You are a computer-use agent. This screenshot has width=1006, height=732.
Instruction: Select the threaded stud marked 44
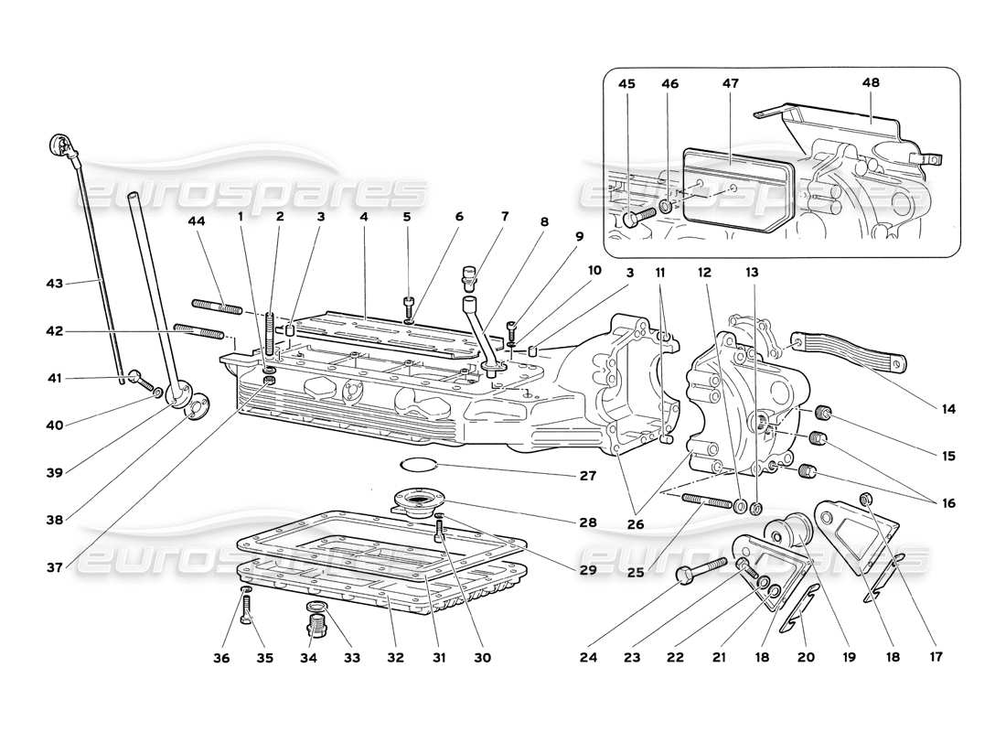(217, 304)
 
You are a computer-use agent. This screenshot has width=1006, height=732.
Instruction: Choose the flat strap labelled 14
(851, 353)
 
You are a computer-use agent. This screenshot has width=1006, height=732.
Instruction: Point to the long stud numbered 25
(706, 502)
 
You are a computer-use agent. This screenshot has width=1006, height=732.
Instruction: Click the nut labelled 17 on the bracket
(865, 499)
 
